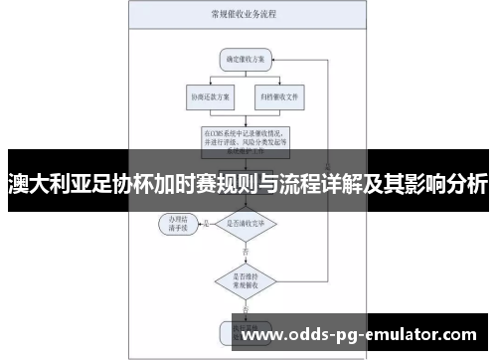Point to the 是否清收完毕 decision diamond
246,224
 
